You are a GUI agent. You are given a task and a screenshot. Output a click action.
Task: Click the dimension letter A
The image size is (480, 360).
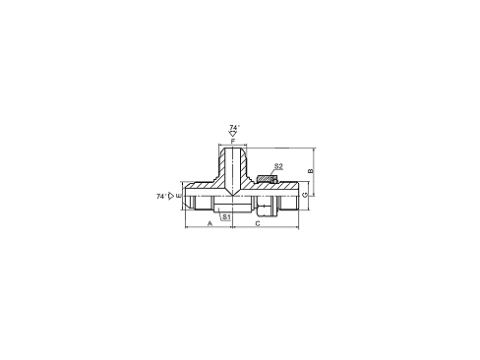click(210, 224)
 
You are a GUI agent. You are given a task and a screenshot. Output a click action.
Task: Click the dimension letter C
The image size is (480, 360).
click(257, 224)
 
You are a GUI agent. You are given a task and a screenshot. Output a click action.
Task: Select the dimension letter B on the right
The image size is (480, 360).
click(312, 172)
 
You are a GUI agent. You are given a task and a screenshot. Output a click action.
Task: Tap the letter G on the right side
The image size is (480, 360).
click(305, 195)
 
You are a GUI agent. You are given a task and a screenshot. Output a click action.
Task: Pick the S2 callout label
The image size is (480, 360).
click(278, 167)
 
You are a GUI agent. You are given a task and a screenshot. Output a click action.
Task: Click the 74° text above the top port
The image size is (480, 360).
click(233, 127)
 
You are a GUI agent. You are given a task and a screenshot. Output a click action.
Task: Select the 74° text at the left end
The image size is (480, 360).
click(160, 196)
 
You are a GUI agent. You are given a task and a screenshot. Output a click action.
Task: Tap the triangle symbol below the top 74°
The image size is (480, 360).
click(233, 134)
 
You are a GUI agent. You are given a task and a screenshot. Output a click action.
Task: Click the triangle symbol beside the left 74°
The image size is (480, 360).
click(171, 196)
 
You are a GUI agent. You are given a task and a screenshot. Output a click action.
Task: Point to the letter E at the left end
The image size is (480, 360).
click(178, 196)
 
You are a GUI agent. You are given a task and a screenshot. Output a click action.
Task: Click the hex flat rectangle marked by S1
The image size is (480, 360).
click(226, 205)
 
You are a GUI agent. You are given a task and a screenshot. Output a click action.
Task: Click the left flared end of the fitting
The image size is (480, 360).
click(191, 195)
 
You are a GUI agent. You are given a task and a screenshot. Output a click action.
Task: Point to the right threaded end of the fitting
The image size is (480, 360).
click(287, 195)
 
